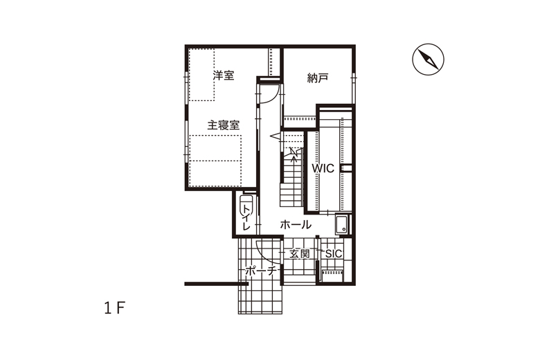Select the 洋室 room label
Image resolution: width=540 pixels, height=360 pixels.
pyautogui.click(x=223, y=75)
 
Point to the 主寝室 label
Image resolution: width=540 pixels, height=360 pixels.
pyautogui.click(x=223, y=125)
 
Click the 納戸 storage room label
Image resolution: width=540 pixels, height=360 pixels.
pyautogui.click(x=317, y=78)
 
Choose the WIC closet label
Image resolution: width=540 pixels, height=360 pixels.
pyautogui.click(x=323, y=168)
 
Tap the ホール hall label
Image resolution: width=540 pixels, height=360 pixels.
pyautogui.click(x=296, y=224)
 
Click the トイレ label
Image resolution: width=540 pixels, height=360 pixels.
pyautogui.click(x=246, y=217)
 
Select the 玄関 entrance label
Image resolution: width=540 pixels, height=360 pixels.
pyautogui.click(x=299, y=254)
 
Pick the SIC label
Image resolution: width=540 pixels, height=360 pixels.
pyautogui.click(x=334, y=254)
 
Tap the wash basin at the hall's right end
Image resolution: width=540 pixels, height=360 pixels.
pyautogui.click(x=341, y=224)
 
